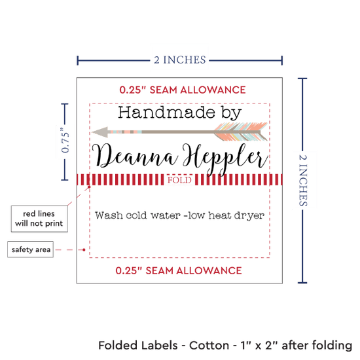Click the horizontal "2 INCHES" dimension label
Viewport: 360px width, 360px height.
(180, 60)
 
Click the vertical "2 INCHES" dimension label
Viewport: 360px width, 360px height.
(303, 180)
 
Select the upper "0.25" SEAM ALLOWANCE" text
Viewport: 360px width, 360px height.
(183, 90)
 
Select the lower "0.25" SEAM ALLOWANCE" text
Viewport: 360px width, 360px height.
(179, 271)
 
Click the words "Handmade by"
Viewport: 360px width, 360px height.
(179, 113)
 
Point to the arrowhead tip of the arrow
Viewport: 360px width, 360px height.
(92, 132)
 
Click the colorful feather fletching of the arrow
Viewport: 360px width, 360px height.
(241, 132)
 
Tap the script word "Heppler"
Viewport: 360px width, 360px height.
(225, 158)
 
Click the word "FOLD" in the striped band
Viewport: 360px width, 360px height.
(179, 180)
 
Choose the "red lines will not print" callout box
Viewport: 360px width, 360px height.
(39, 219)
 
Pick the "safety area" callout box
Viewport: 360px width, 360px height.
(31, 249)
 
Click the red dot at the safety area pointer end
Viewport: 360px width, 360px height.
(84, 250)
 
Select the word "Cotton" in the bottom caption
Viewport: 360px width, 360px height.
(209, 346)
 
